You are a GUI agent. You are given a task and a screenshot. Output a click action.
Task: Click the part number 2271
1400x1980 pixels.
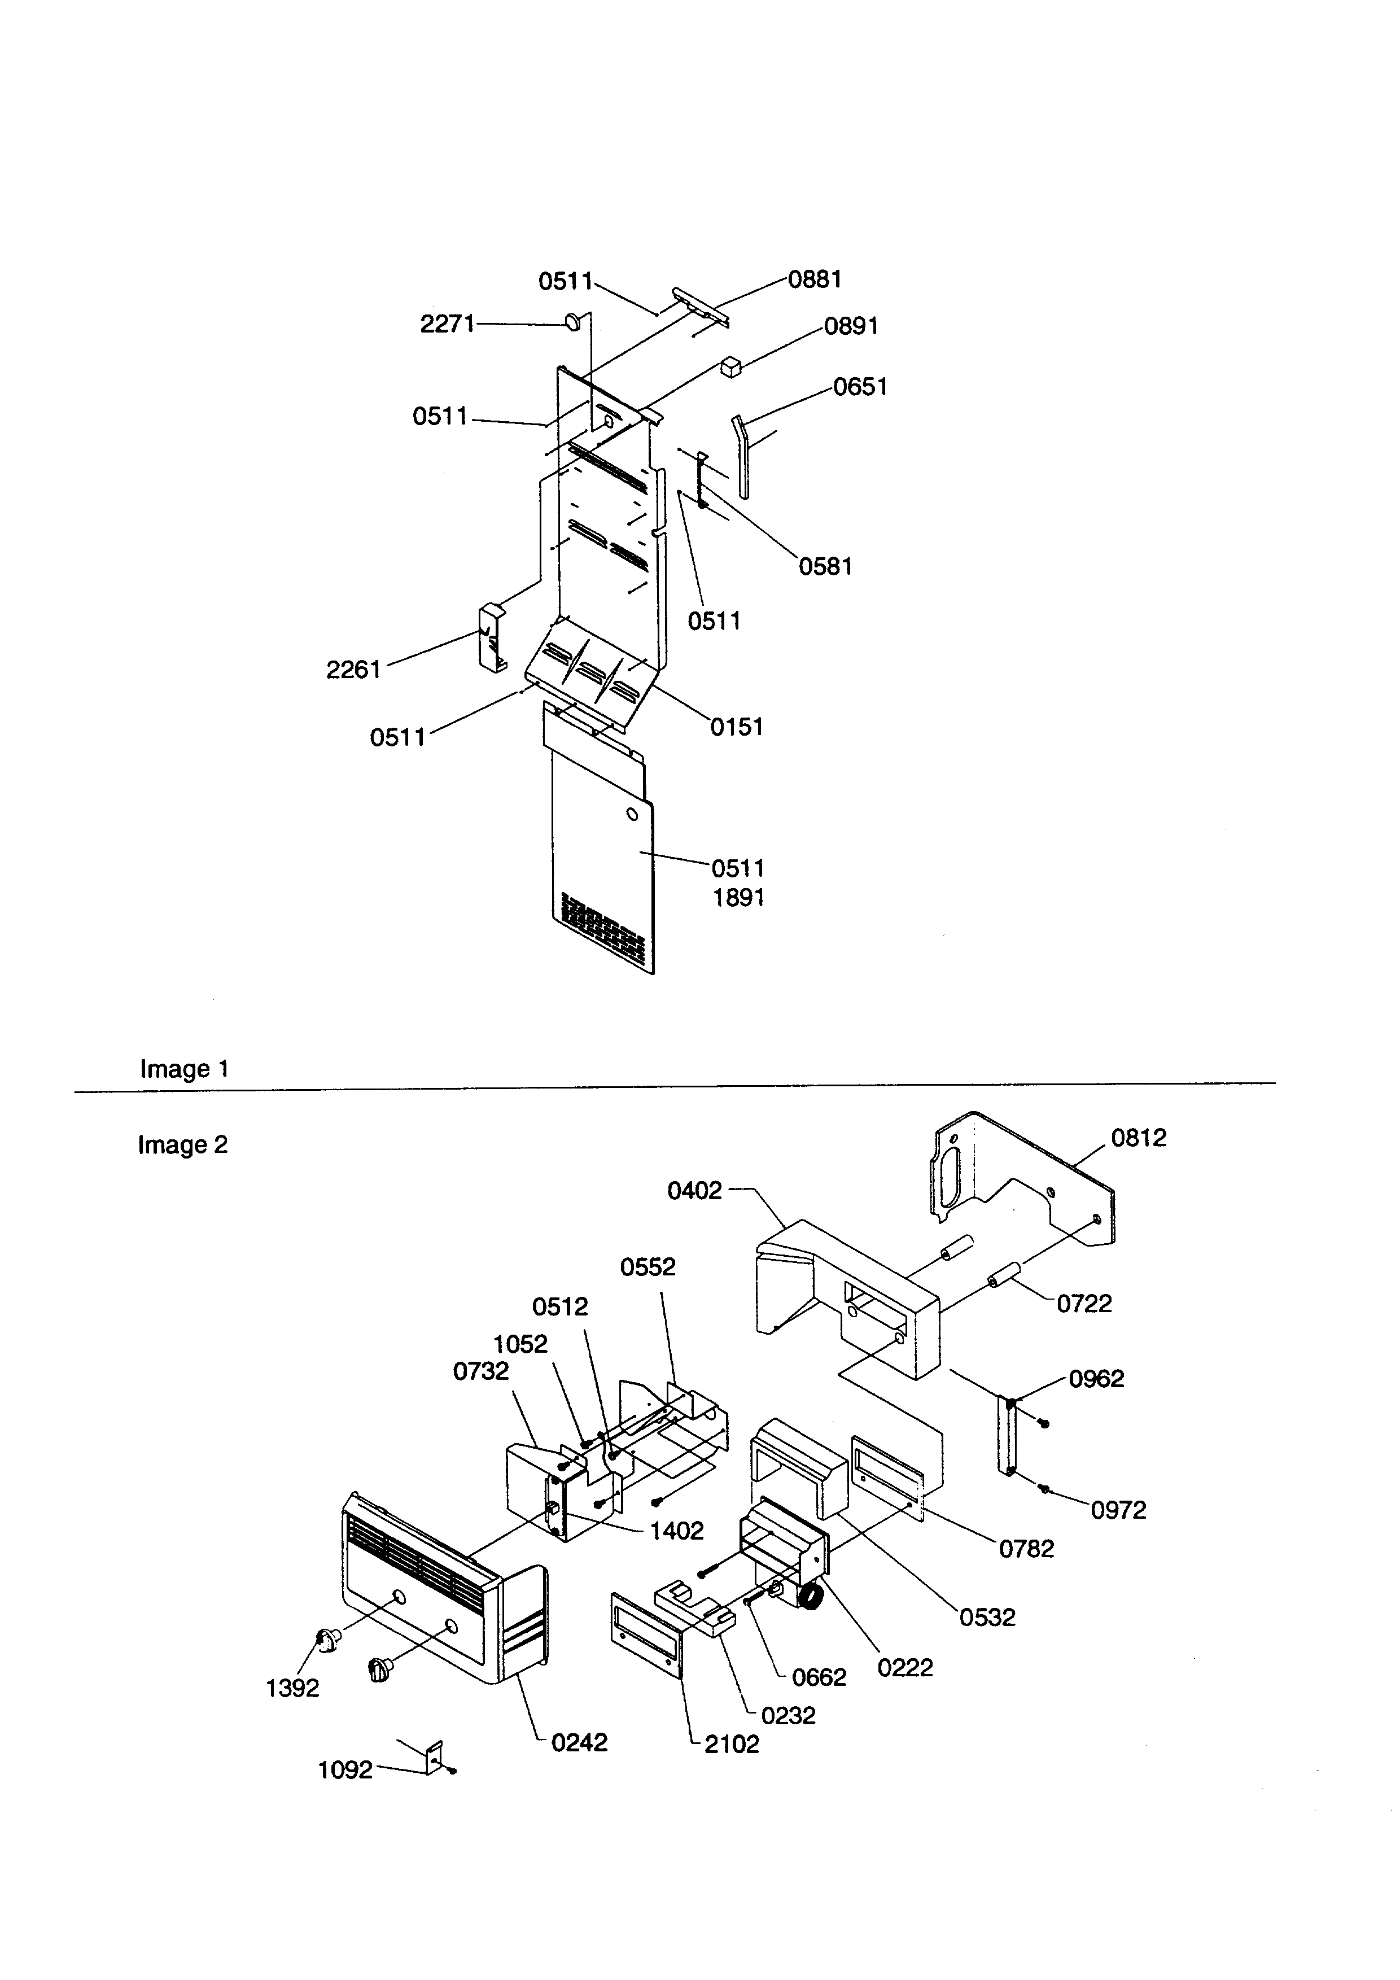click(x=447, y=324)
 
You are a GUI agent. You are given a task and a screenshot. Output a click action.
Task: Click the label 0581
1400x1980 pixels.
click(x=825, y=567)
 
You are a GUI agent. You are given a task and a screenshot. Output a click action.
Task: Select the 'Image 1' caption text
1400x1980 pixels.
click(x=185, y=1069)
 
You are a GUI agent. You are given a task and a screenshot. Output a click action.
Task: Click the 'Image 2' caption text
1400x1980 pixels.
click(x=183, y=1144)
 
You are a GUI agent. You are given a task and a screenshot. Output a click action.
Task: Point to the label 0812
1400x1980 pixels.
click(x=1138, y=1138)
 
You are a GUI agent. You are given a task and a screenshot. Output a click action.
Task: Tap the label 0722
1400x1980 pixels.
click(x=1084, y=1303)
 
